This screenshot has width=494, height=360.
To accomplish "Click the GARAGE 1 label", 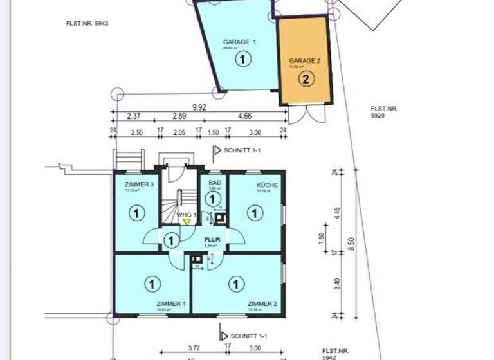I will (239, 42).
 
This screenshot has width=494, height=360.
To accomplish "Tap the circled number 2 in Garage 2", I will (306, 79).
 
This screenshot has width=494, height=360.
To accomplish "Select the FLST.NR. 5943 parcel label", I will (87, 24).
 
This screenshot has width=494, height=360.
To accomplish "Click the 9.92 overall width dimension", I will (199, 108).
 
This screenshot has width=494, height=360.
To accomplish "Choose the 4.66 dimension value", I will (244, 116).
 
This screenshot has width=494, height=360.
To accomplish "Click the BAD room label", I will (215, 183).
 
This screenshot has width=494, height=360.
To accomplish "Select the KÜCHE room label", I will (267, 185).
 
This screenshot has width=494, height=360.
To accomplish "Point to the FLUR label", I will (212, 240).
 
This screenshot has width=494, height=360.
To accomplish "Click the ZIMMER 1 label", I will (170, 303).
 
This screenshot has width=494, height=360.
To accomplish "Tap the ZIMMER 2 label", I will (262, 303).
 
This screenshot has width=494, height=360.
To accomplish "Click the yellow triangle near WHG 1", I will (187, 221).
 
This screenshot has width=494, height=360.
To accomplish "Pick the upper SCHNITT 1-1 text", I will (242, 150).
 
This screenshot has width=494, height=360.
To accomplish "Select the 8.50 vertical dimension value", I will (351, 244).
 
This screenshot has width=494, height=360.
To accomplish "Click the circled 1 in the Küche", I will (255, 213).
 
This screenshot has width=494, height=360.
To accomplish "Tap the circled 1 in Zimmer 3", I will (136, 212).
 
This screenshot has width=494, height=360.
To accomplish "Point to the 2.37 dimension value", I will (133, 116).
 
